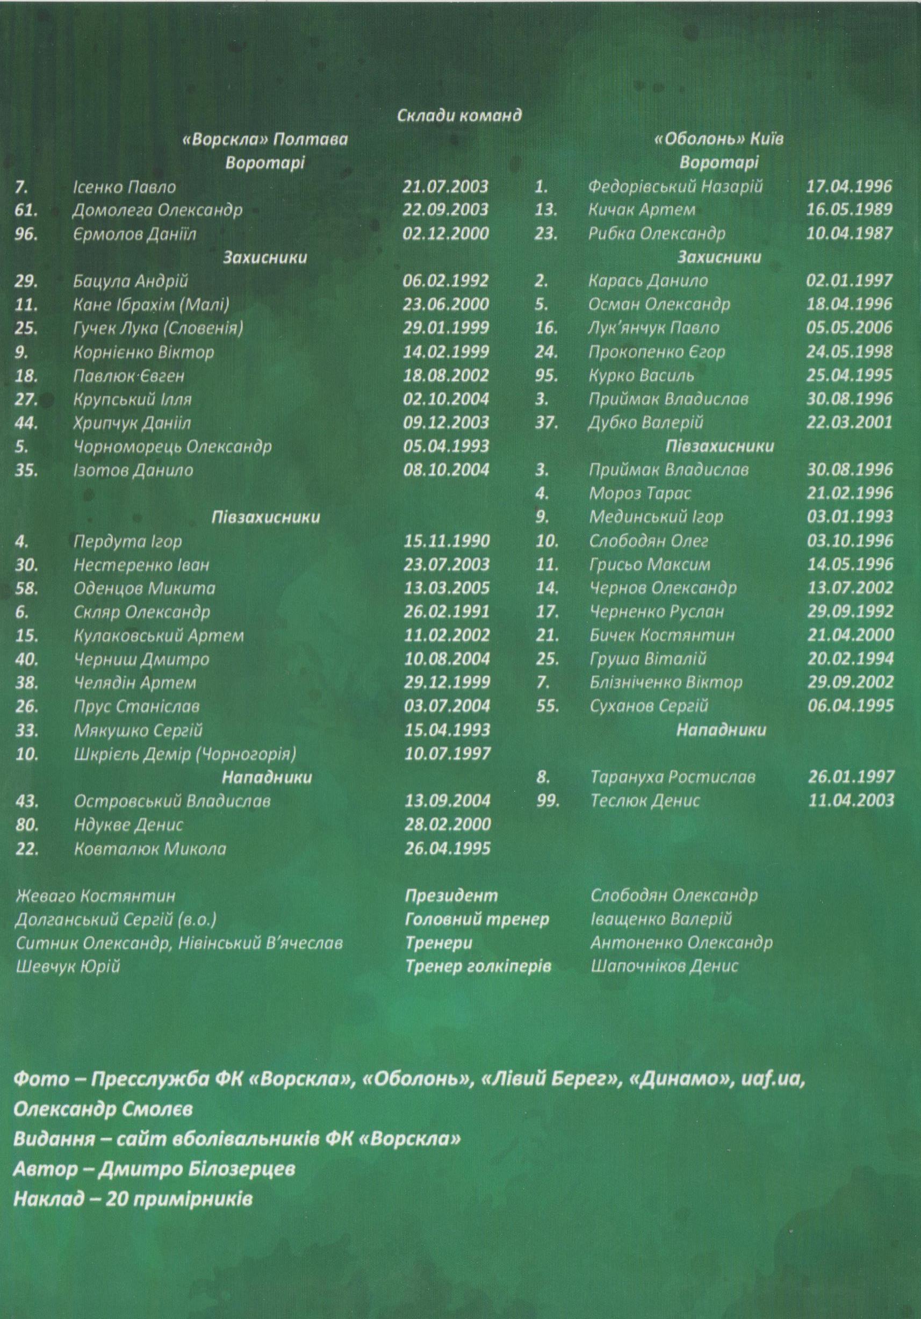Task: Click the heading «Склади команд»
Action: pos(459,116)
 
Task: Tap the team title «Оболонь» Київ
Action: pos(719,140)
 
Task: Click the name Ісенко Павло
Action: pos(125,187)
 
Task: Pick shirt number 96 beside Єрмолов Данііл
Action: pos(26,234)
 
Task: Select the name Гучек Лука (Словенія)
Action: pos(159,328)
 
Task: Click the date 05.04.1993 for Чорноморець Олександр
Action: pos(445,446)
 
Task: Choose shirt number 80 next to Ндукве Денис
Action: pos(27,825)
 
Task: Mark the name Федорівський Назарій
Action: pos(675,187)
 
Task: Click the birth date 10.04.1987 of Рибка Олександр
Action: pos(850,234)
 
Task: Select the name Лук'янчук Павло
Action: pos(653,328)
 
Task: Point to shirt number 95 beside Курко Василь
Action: pos(546,376)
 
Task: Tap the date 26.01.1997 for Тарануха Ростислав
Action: pos(851,777)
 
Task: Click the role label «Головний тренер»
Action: pos(477,919)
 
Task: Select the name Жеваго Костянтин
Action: pos(95,895)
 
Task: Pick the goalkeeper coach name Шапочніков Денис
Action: pos(664,966)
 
